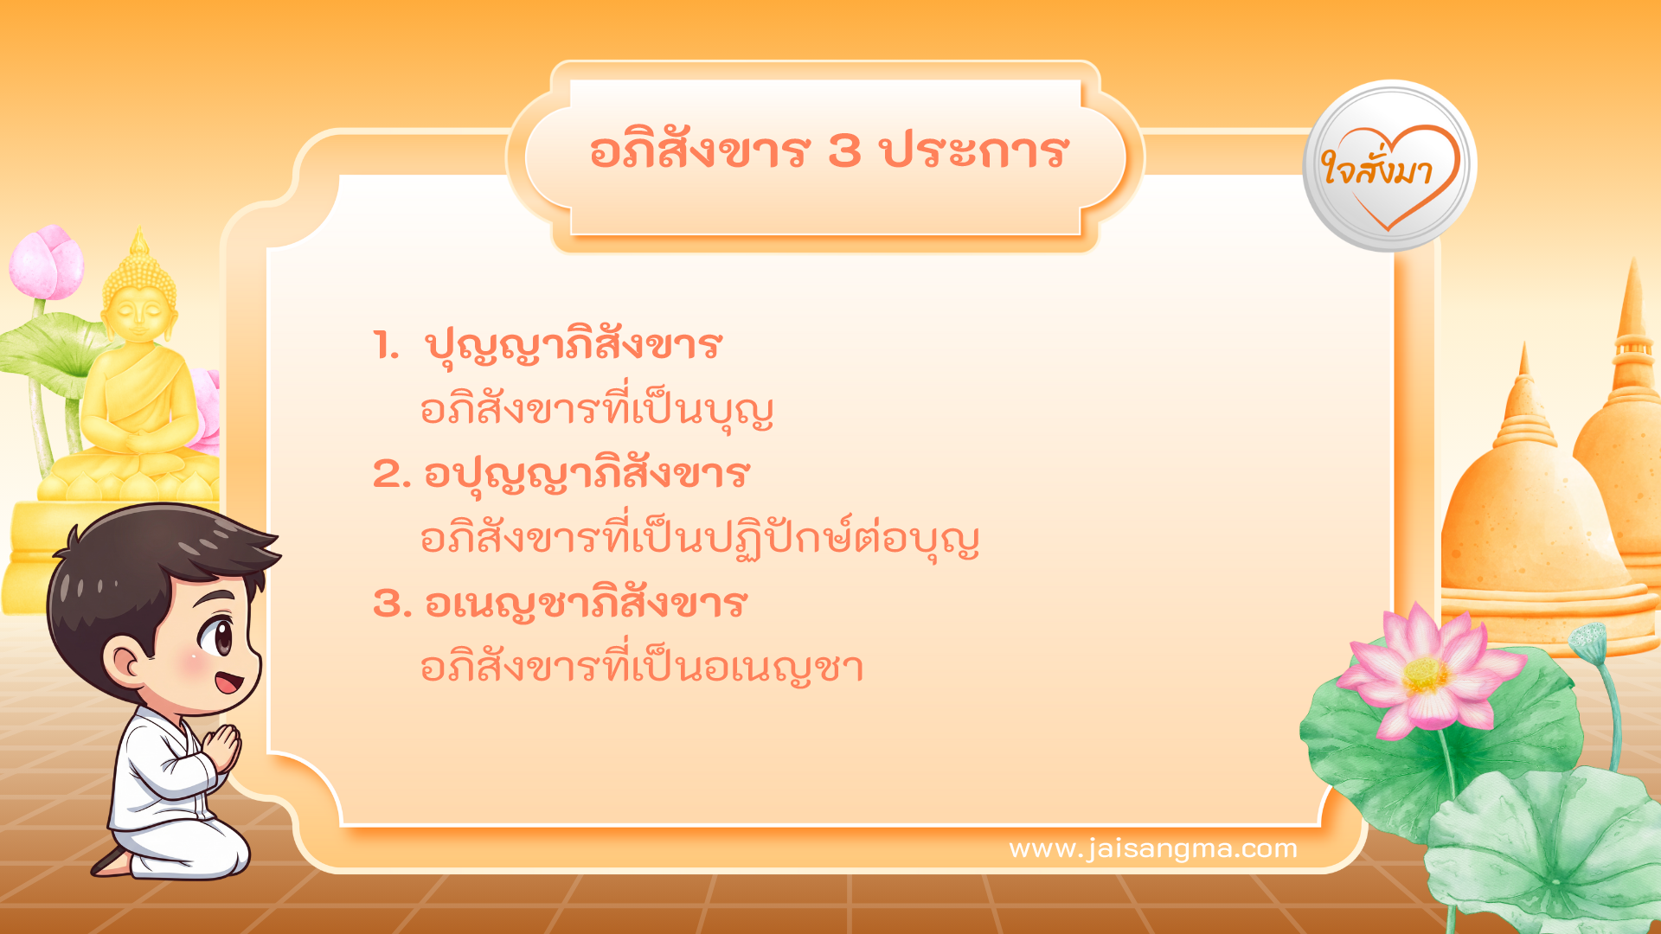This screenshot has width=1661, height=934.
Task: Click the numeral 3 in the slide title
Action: click(x=844, y=151)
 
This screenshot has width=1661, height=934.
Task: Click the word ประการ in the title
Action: click(x=974, y=151)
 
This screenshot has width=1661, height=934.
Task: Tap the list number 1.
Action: click(x=386, y=346)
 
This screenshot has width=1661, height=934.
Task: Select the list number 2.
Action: click(x=391, y=475)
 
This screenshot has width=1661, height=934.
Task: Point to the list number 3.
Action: click(x=391, y=604)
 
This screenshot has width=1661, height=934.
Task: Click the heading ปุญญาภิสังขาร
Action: click(x=573, y=346)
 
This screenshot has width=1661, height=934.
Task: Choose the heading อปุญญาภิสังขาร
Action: click(x=587, y=475)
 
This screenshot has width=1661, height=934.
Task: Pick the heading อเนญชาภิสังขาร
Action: click(x=586, y=604)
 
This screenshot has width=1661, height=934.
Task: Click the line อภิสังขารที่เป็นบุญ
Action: click(x=596, y=411)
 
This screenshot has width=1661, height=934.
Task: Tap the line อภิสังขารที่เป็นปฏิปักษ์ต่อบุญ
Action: click(x=699, y=538)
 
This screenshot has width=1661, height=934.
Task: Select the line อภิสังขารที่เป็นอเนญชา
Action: click(x=641, y=668)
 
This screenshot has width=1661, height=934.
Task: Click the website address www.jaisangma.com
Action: click(x=1153, y=848)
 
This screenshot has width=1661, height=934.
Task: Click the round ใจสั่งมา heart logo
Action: click(x=1389, y=167)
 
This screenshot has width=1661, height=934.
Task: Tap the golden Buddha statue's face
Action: click(x=138, y=308)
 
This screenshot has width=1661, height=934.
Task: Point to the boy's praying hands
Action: click(x=223, y=749)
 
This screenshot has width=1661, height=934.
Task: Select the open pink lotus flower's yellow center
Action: click(x=1425, y=675)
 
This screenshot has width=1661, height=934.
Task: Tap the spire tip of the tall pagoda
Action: click(x=1632, y=268)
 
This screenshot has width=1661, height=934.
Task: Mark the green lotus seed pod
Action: click(x=1588, y=640)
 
